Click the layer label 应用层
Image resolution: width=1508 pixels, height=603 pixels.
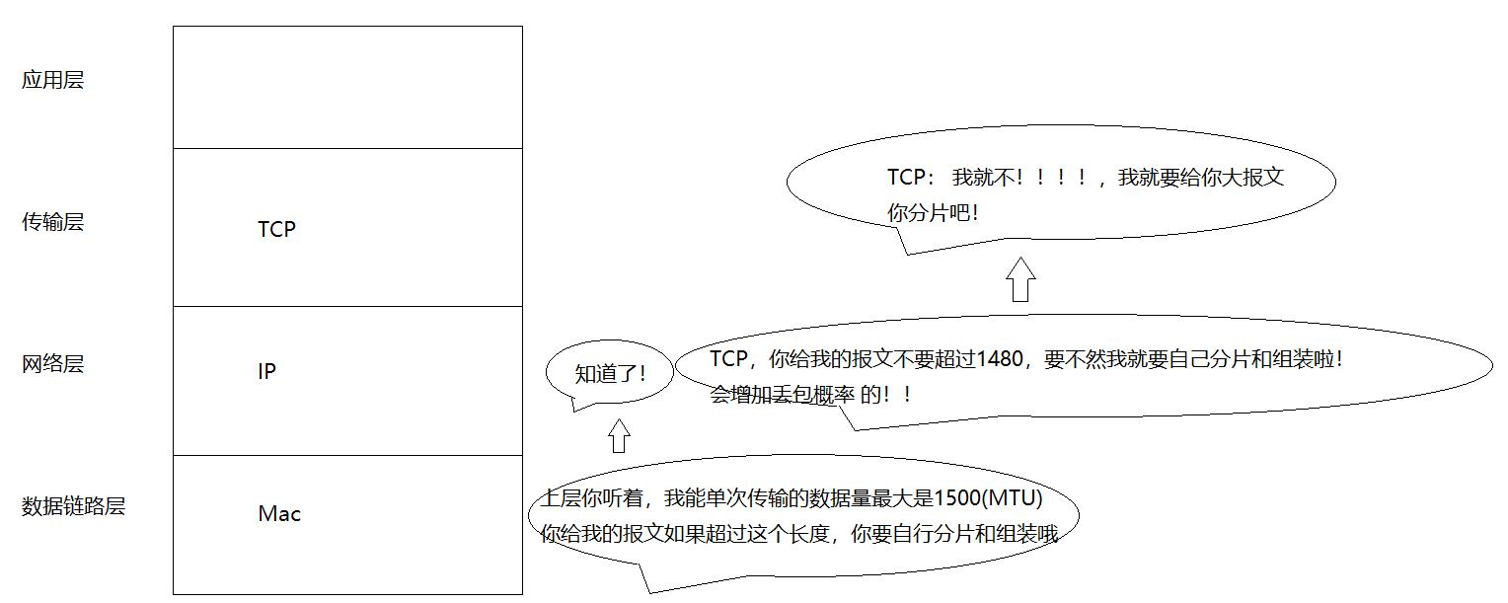(x=53, y=80)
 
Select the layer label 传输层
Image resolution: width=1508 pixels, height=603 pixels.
(x=53, y=222)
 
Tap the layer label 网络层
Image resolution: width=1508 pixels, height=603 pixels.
(x=53, y=364)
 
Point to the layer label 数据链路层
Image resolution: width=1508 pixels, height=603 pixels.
(x=74, y=507)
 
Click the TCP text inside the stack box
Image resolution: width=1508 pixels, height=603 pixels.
(x=276, y=229)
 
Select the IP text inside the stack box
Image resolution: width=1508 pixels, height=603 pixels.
(x=266, y=372)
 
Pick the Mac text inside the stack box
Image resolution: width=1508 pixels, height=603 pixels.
(x=279, y=514)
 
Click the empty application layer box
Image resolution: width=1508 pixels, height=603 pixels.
(x=347, y=87)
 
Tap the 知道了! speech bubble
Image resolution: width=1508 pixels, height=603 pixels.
(x=610, y=373)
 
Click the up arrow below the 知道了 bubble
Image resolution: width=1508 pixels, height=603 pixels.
(x=619, y=435)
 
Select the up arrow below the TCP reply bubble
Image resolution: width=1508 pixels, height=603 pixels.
(x=1021, y=280)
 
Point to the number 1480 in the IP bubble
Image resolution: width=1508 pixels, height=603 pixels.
(x=1000, y=360)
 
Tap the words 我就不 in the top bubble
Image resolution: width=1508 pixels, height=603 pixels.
(x=983, y=179)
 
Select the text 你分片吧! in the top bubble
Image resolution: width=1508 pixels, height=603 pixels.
(x=933, y=211)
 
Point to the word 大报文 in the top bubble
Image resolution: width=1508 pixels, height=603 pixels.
(x=1252, y=179)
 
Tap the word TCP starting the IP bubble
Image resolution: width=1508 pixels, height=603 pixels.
(x=729, y=359)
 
